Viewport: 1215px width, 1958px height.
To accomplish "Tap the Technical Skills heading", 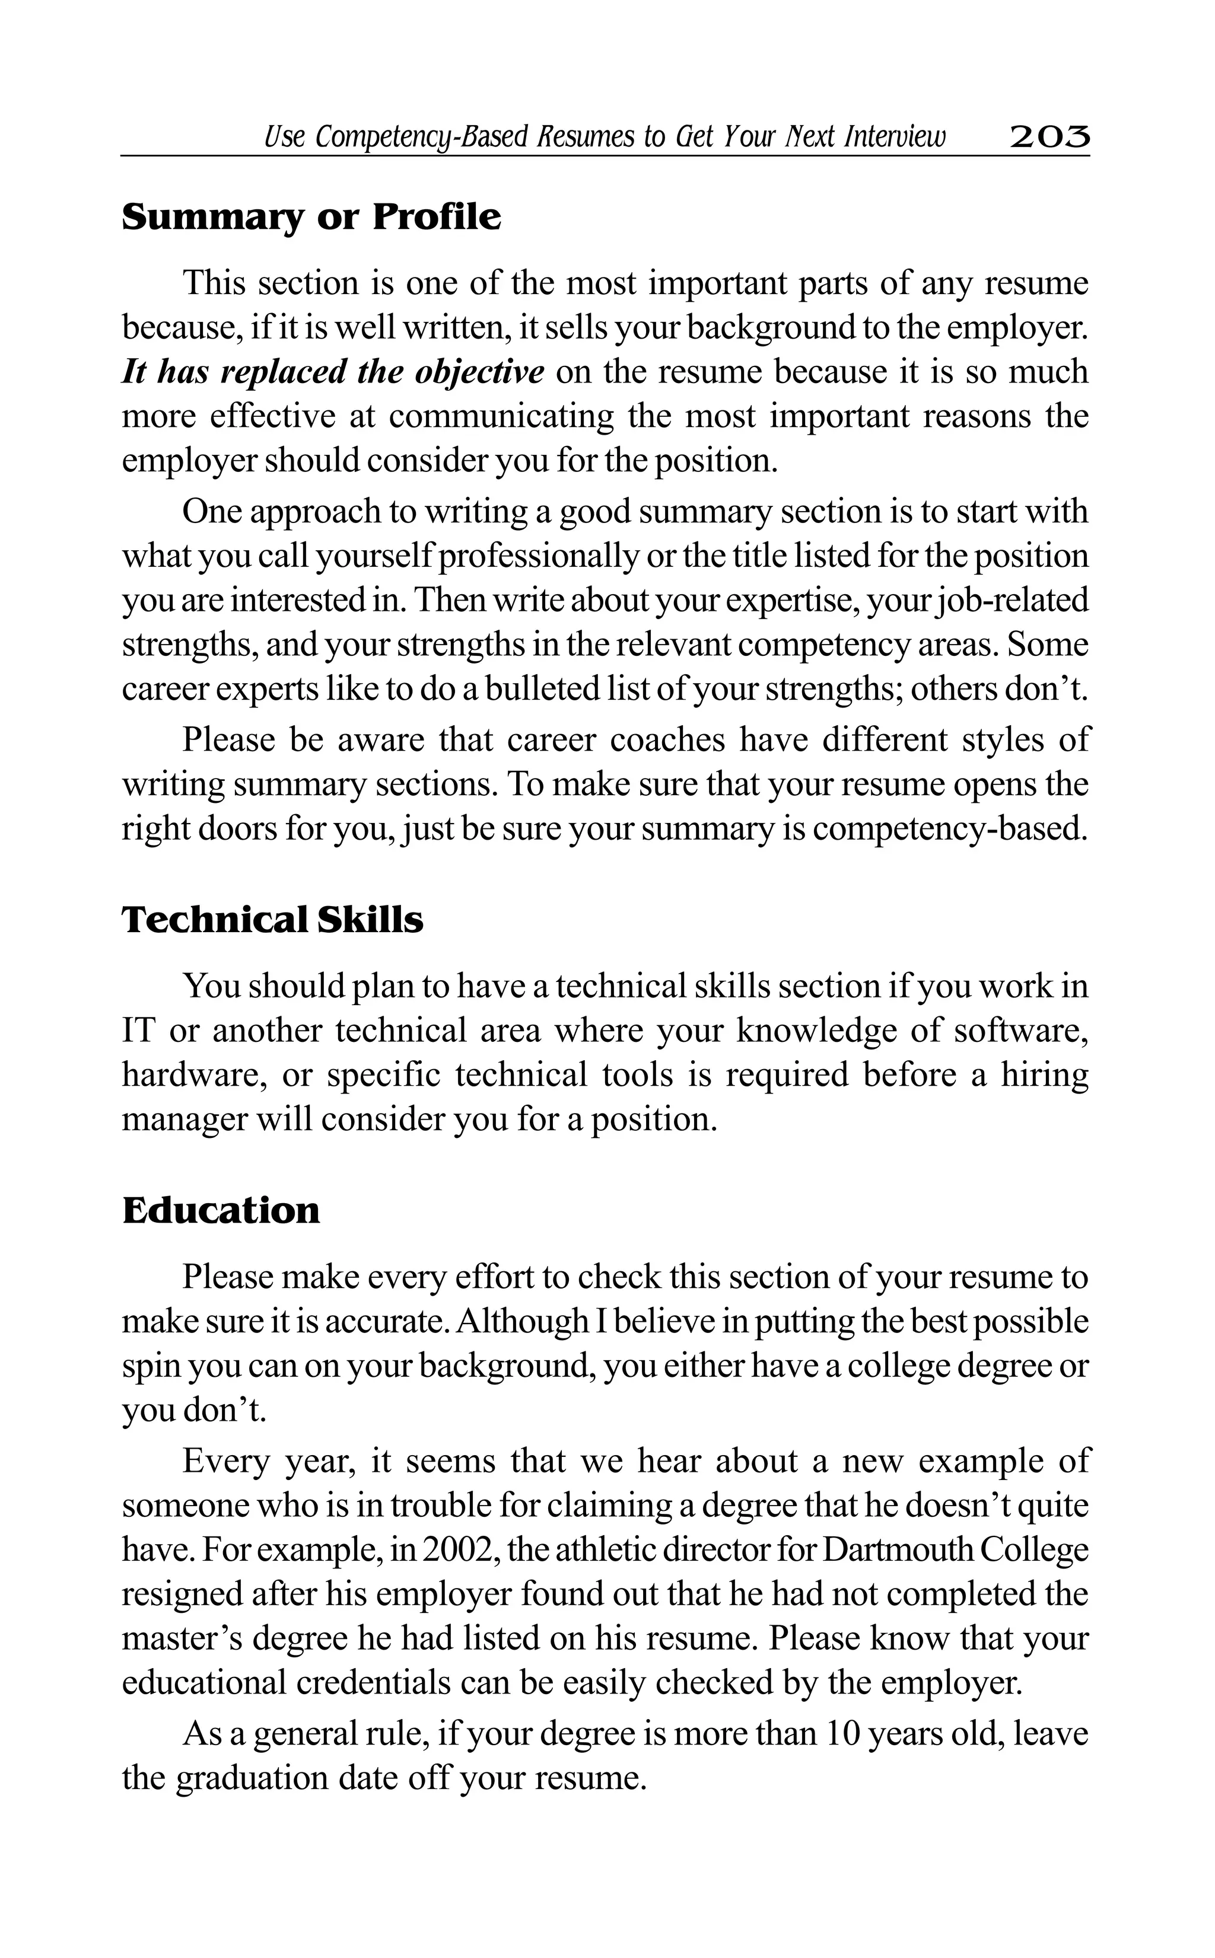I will tap(272, 920).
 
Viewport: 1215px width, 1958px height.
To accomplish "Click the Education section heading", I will tap(221, 1210).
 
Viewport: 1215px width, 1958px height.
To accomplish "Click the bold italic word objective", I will tap(480, 372).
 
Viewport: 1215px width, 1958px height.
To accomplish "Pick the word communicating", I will tap(501, 417).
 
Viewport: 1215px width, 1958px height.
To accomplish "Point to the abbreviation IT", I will tap(138, 1031).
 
